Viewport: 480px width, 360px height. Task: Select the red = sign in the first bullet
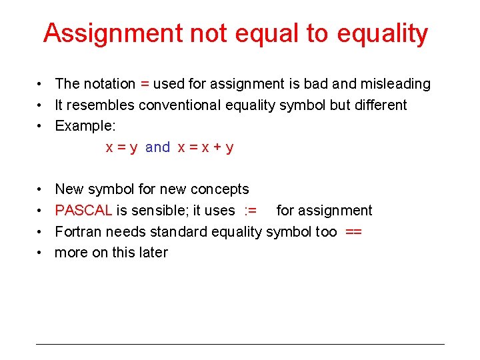point(145,84)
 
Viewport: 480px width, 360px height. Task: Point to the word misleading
point(395,84)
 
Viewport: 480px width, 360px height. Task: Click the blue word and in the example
point(157,147)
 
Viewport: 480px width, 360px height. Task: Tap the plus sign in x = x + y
point(217,147)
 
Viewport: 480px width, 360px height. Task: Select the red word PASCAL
point(83,211)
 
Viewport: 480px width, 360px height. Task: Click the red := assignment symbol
point(251,211)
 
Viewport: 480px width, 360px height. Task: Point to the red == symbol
point(354,231)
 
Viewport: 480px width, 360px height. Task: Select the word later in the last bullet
point(152,253)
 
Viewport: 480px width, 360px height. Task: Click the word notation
point(109,84)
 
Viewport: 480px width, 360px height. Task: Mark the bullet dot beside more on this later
point(41,253)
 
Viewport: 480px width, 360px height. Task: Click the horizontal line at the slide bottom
point(240,344)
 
